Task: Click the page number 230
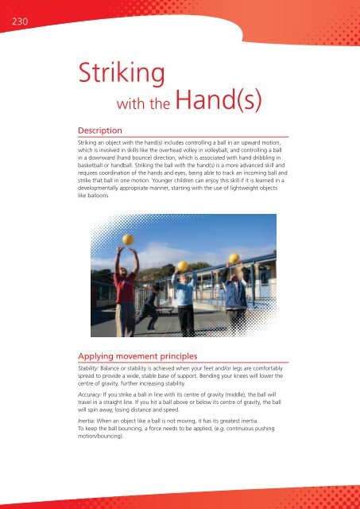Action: click(12, 22)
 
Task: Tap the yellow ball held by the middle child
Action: click(182, 266)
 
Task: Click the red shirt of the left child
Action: click(125, 287)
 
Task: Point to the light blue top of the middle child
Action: click(184, 292)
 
